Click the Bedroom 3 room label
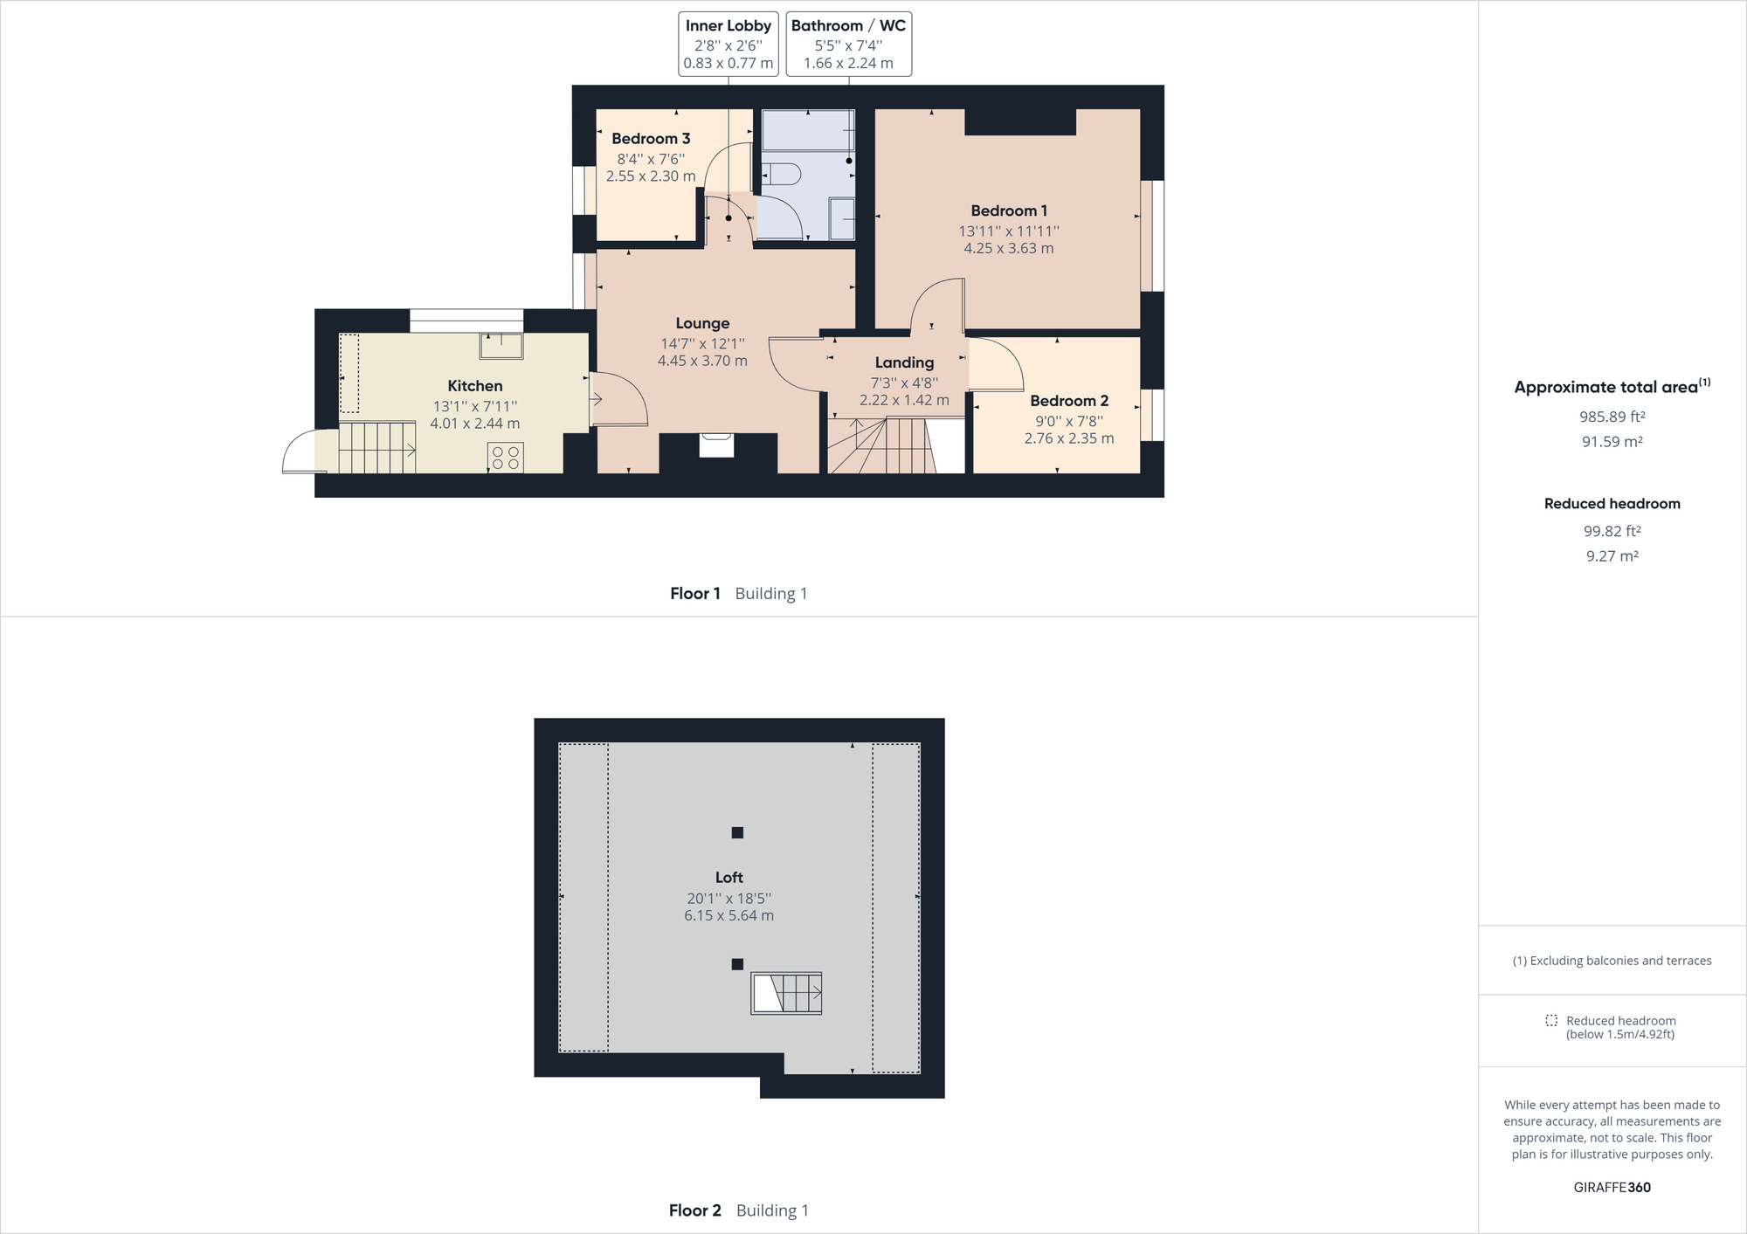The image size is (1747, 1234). coord(651,138)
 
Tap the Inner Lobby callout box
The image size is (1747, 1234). coord(728,44)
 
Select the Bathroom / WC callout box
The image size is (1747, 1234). coord(848,44)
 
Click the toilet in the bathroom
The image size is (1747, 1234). coord(782,174)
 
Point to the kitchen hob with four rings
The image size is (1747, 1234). coord(505,458)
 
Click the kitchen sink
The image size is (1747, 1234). coord(501,346)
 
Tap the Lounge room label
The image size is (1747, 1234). coord(702,323)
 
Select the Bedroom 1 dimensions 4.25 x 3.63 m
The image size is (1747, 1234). coord(1009,248)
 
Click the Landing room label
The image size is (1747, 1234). coord(904,362)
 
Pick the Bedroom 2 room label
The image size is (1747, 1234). coord(1069,401)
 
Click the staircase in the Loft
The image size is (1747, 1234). coord(786,993)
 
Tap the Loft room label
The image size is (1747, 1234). coord(728,878)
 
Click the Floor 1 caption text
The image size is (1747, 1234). coord(695,594)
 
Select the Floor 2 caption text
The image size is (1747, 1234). coord(695,1210)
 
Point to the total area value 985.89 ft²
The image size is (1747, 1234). coord(1612,417)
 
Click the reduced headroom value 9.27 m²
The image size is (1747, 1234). coord(1612,556)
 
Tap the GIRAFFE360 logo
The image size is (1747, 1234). coord(1612,1188)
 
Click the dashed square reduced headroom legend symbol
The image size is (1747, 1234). coord(1551,1020)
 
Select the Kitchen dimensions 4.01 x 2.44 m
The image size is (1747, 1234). coord(474,424)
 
